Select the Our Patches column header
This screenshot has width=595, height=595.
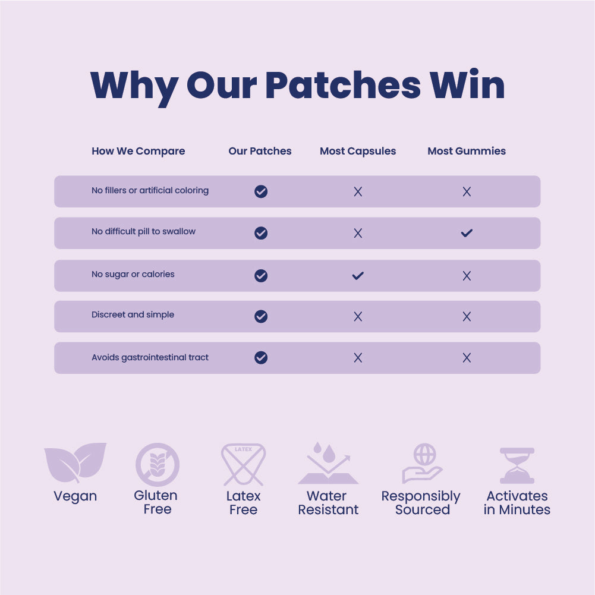click(260, 151)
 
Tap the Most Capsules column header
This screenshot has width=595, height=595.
click(358, 151)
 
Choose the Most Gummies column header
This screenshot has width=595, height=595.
click(467, 151)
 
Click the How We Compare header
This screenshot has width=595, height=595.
click(138, 151)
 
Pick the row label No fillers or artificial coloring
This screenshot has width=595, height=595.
click(150, 191)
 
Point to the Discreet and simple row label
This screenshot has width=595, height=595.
click(133, 314)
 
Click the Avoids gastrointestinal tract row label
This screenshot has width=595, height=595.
click(150, 357)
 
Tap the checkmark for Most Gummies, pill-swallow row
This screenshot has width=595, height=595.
click(467, 233)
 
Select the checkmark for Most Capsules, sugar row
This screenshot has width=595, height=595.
click(358, 275)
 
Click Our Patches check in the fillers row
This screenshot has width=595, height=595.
click(261, 191)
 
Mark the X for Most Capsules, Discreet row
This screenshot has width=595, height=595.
click(358, 316)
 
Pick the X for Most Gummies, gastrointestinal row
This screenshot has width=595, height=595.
click(467, 357)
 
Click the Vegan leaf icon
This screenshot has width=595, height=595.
click(75, 462)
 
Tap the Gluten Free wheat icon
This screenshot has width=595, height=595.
click(157, 465)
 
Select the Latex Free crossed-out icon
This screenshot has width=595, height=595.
click(243, 465)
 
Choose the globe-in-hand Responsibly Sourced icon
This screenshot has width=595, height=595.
click(422, 464)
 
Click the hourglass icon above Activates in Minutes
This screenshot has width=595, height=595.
click(517, 465)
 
